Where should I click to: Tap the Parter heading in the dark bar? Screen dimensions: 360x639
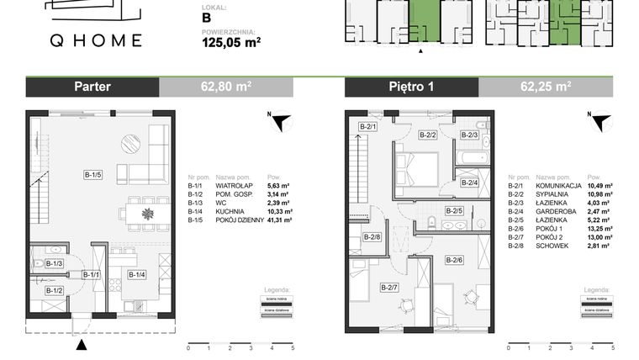tap(92, 87)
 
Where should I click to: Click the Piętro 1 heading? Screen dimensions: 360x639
tap(412, 87)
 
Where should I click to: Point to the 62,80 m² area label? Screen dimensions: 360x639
tap(226, 87)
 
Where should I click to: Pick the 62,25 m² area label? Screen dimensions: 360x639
tap(546, 87)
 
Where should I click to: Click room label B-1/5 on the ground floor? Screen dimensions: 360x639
tap(92, 175)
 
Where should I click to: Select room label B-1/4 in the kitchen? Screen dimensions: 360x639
tap(137, 274)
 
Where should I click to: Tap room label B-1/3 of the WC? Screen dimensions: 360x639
tap(55, 264)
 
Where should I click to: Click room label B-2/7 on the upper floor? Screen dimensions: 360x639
tap(388, 289)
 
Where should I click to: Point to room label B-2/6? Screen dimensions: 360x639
tap(455, 260)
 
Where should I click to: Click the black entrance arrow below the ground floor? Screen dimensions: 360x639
tap(81, 344)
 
